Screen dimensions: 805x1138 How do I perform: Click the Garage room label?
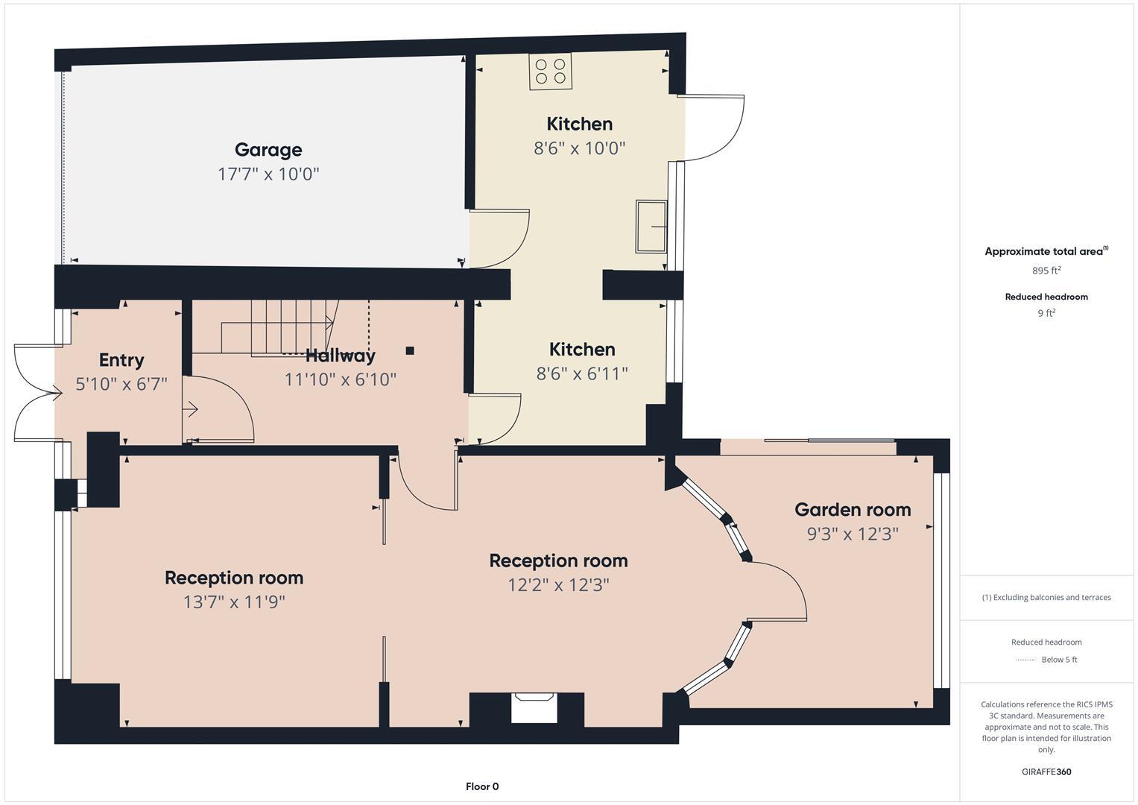pos(268,150)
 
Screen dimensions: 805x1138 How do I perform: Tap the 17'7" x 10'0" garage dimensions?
pos(268,174)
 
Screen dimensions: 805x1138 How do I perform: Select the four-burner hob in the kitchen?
pos(551,71)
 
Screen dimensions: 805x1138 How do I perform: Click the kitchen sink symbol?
pos(651,226)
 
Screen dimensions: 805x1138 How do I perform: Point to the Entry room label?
pos(121,360)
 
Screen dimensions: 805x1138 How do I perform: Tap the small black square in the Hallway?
pos(410,350)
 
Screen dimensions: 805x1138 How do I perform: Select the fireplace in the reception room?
pos(534,707)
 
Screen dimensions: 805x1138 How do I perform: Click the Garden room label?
pos(853,510)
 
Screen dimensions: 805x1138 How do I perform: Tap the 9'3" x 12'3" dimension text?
pos(853,534)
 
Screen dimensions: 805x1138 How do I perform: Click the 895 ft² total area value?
pos(1046,271)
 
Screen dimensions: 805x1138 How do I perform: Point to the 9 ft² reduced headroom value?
pos(1046,313)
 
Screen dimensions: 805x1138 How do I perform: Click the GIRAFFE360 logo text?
pos(1046,771)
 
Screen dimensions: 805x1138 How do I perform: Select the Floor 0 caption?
pos(482,786)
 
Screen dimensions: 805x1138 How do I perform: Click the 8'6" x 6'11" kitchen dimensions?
pos(582,373)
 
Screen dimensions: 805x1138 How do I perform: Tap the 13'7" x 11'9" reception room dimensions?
pos(234,602)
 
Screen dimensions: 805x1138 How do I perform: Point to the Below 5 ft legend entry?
pos(1058,660)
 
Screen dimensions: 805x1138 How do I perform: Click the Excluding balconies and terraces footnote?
pos(1046,597)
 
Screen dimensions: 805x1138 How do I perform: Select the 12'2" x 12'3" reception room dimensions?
pos(558,584)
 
